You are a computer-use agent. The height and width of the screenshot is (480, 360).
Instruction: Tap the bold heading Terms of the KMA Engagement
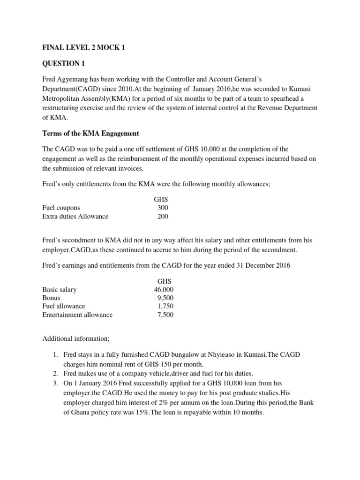pyautogui.click(x=90, y=134)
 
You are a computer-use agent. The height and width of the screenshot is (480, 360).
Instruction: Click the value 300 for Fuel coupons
pyautogui.click(x=163, y=208)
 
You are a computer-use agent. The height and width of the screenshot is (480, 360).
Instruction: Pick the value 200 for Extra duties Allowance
pyautogui.click(x=163, y=217)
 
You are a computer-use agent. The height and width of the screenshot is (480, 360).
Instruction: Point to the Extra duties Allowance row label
pyautogui.click(x=75, y=217)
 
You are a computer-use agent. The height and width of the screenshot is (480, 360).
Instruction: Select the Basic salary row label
pyautogui.click(x=59, y=290)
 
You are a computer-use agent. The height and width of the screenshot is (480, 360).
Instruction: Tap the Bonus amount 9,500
pyautogui.click(x=165, y=298)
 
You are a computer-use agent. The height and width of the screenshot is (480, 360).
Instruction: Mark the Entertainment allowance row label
pyautogui.click(x=77, y=315)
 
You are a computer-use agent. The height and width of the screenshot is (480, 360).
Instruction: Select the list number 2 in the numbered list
pyautogui.click(x=57, y=374)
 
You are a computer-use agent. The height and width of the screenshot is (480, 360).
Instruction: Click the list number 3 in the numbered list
pyautogui.click(x=57, y=382)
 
